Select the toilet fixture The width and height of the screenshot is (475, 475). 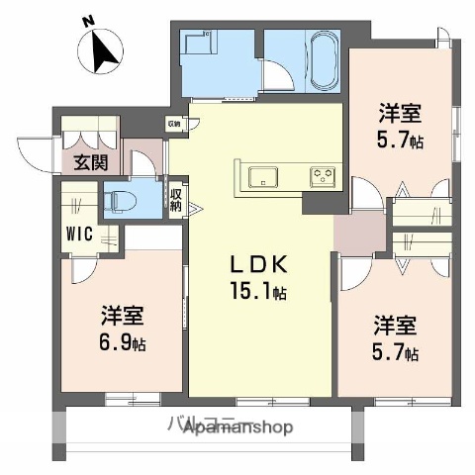click(x=120, y=200)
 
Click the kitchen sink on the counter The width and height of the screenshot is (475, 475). click(x=263, y=177)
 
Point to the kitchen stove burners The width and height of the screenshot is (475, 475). click(x=323, y=176)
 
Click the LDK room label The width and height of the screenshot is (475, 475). click(x=259, y=265)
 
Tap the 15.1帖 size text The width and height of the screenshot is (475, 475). click(x=259, y=292)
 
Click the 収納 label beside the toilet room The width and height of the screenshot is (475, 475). click(x=175, y=200)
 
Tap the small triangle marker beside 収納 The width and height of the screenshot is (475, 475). click(x=194, y=208)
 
